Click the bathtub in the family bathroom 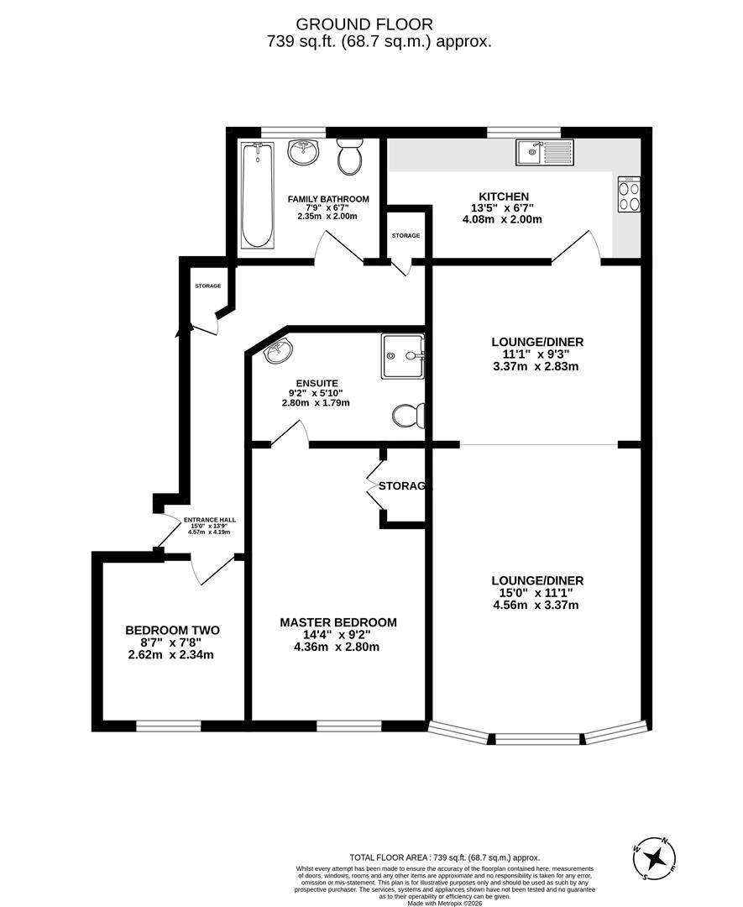pyautogui.click(x=258, y=195)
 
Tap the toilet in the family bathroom pyautogui.click(x=348, y=156)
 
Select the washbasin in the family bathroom pyautogui.click(x=302, y=152)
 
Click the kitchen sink pyautogui.click(x=545, y=152)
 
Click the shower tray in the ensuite pyautogui.click(x=402, y=356)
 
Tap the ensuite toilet pyautogui.click(x=410, y=415)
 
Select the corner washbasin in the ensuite pyautogui.click(x=278, y=353)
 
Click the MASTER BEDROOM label pyautogui.click(x=337, y=622)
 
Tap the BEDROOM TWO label pyautogui.click(x=172, y=630)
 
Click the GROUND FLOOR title pyautogui.click(x=371, y=25)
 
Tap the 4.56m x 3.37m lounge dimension pyautogui.click(x=536, y=605)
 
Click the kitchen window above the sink pyautogui.click(x=525, y=130)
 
